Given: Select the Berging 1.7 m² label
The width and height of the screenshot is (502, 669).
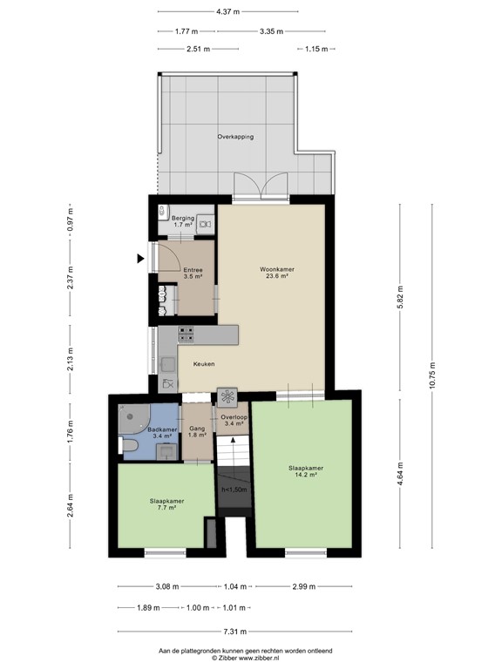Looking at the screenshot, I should [x=183, y=222].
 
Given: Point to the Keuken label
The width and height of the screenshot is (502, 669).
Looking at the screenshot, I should [x=204, y=364].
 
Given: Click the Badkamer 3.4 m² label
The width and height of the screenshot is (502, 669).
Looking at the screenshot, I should [x=163, y=434].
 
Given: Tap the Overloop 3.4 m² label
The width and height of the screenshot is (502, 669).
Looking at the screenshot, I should [x=234, y=421].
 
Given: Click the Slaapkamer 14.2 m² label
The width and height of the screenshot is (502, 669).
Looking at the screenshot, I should [x=302, y=471].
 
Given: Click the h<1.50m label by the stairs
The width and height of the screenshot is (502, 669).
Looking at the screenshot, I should [x=234, y=490].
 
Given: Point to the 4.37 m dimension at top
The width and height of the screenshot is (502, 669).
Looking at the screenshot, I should [x=227, y=12].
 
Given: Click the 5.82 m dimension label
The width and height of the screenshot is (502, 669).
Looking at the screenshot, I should [x=400, y=296].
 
